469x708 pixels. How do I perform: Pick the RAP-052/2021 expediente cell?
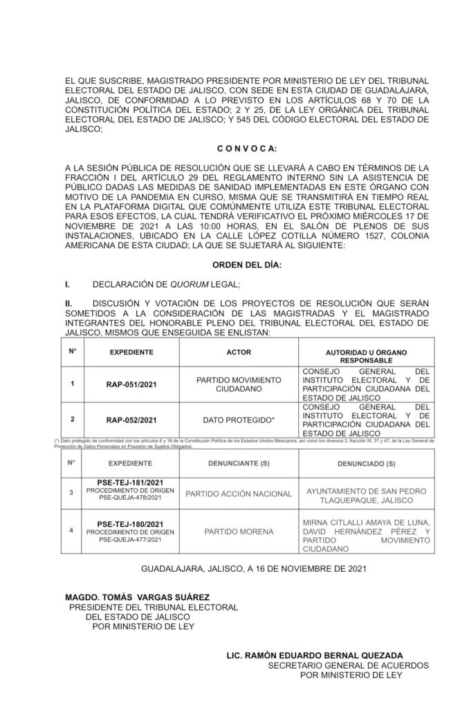[x=131, y=420]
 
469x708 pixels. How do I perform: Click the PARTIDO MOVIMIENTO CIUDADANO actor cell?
[x=239, y=384]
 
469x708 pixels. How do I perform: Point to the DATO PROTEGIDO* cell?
[x=239, y=420]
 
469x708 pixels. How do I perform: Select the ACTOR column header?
[x=239, y=353]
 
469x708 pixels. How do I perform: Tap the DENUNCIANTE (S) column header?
[x=239, y=463]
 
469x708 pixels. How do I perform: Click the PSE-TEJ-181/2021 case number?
[x=130, y=482]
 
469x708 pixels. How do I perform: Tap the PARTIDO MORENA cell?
[x=239, y=532]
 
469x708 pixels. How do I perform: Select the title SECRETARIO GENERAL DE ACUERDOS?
[x=348, y=665]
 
